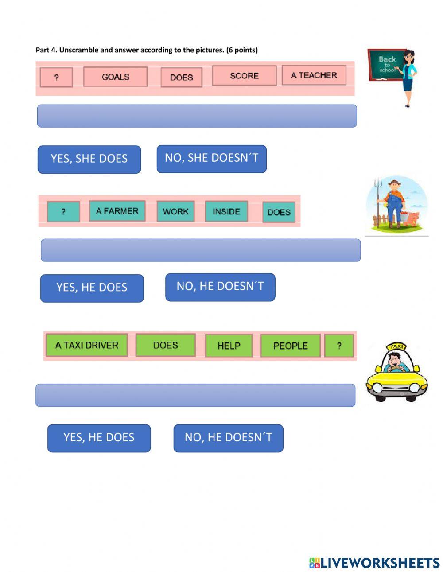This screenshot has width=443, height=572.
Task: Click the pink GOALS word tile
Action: pyautogui.click(x=115, y=77)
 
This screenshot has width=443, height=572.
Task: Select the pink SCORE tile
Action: pyautogui.click(x=244, y=75)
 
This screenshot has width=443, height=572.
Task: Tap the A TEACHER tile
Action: pyautogui.click(x=314, y=75)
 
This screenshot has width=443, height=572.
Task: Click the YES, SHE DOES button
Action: pyautogui.click(x=89, y=159)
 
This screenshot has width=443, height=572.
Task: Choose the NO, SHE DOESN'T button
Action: pyautogui.click(x=211, y=158)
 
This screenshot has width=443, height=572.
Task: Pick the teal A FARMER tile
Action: pyautogui.click(x=117, y=211)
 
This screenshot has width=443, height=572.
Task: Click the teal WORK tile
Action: pyautogui.click(x=175, y=211)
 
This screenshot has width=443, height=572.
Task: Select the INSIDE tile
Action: pyautogui.click(x=226, y=211)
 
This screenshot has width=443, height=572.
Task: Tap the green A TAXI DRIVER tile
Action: pyautogui.click(x=86, y=345)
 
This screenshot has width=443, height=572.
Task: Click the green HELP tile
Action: pyautogui.click(x=229, y=346)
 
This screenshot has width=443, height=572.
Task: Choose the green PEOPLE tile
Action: pyautogui.click(x=290, y=346)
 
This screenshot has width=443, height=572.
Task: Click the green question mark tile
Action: pyautogui.click(x=339, y=346)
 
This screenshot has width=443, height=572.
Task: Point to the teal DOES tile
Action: pyautogui.click(x=279, y=212)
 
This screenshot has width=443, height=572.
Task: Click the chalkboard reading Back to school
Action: pyautogui.click(x=386, y=65)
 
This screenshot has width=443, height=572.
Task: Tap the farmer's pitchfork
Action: pyautogui.click(x=377, y=191)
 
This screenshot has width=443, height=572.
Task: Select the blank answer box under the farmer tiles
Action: pyautogui.click(x=200, y=250)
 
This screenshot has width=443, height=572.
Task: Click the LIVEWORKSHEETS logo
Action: pyautogui.click(x=374, y=563)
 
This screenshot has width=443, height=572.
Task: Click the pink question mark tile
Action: pyautogui.click(x=56, y=77)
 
